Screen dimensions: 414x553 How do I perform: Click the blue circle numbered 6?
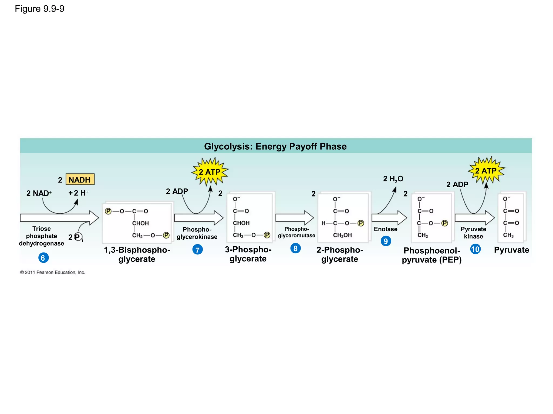[x=43, y=258]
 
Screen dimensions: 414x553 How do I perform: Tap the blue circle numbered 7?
[x=197, y=250]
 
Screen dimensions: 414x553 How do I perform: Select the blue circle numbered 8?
[x=295, y=248]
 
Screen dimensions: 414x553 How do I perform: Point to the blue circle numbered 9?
[x=386, y=241]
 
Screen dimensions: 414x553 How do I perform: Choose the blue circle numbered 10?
[x=475, y=249]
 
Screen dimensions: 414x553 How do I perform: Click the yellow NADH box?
[x=80, y=180]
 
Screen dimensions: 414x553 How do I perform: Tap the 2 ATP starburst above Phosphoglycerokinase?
[x=210, y=172]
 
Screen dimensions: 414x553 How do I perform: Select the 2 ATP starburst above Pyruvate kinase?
[x=486, y=171]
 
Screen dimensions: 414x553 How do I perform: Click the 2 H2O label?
[x=393, y=179]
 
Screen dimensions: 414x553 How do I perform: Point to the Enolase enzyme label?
[x=385, y=229]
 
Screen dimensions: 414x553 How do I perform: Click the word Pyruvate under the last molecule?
[x=511, y=250]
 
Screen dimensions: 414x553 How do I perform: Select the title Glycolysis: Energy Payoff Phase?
[x=275, y=146]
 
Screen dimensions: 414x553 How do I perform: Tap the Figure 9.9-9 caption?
[x=39, y=9]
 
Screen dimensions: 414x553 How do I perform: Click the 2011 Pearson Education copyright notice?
[x=52, y=272]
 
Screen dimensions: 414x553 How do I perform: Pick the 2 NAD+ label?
[x=39, y=193]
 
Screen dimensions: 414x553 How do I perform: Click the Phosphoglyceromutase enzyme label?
[x=296, y=232]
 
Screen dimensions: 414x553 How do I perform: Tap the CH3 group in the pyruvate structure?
[x=508, y=235]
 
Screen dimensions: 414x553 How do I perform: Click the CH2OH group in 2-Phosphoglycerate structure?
[x=342, y=235]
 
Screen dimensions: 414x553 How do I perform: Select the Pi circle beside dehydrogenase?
[x=78, y=237]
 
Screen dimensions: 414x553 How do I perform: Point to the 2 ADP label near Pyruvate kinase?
[x=457, y=185]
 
